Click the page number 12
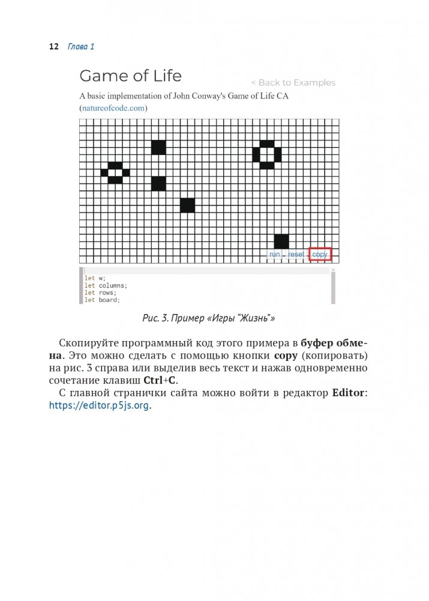coord(53,46)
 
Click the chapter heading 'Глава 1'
coord(81,46)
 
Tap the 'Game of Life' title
coord(130,76)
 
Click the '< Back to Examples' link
coord(293,83)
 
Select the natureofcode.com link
coord(113,108)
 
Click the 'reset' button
coord(296,255)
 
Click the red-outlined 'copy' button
coord(320,255)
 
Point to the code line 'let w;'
coord(95,278)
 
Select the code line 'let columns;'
coord(106,285)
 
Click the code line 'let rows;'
coord(100,292)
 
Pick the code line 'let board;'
coord(102,300)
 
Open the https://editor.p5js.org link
coord(99,405)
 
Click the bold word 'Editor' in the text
coord(348,393)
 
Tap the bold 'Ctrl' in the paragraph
coord(151,381)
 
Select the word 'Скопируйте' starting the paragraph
coord(88,343)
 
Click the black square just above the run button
coord(281,241)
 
